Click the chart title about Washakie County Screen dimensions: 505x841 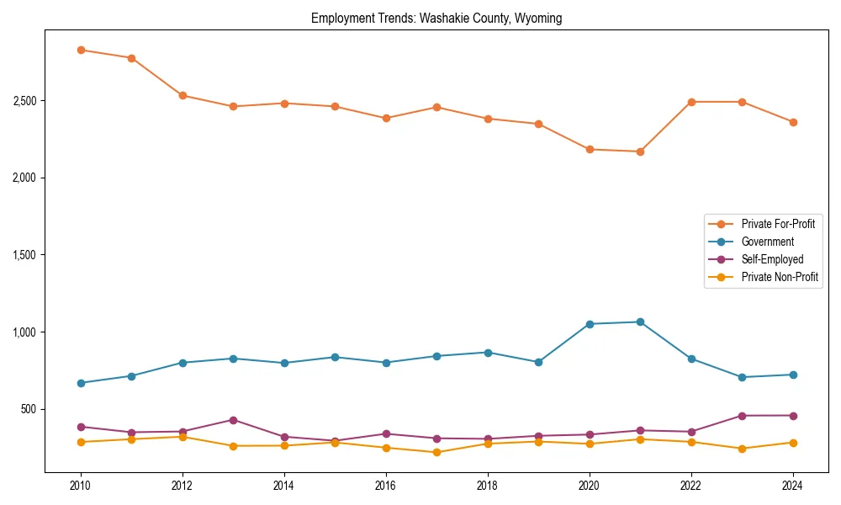point(436,18)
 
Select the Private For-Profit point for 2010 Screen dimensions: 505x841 point(81,50)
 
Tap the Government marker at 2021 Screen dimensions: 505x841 point(640,322)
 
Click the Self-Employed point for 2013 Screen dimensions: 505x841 point(233,420)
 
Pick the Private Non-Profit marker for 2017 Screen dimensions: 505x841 point(436,452)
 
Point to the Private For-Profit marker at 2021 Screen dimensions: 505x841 point(640,151)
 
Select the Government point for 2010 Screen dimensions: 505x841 point(81,383)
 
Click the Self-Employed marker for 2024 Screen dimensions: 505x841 point(793,415)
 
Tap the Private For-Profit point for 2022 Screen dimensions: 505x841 point(691,102)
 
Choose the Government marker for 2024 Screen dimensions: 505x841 point(793,375)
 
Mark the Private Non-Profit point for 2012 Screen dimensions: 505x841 point(182,437)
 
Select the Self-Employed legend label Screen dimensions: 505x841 point(772,259)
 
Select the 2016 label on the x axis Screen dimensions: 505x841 point(386,486)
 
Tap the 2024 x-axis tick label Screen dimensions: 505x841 point(793,486)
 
